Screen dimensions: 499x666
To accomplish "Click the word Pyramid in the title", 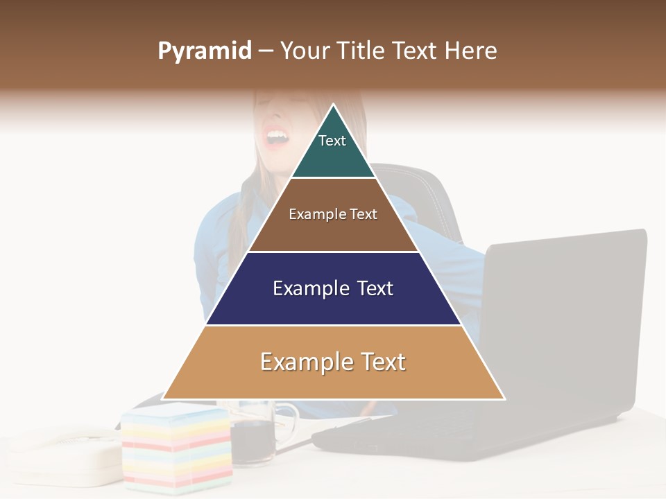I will pyautogui.click(x=204, y=51).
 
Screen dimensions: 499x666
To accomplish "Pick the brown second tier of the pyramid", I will pyautogui.click(x=333, y=232).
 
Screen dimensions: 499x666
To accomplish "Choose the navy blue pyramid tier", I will pyautogui.click(x=333, y=305).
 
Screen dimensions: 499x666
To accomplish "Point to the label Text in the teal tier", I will pyautogui.click(x=332, y=141).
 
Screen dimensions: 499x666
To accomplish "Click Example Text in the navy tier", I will pyautogui.click(x=333, y=288).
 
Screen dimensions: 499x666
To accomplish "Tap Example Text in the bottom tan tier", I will pyautogui.click(x=333, y=362).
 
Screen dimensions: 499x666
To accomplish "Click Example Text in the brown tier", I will pyautogui.click(x=333, y=214).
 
